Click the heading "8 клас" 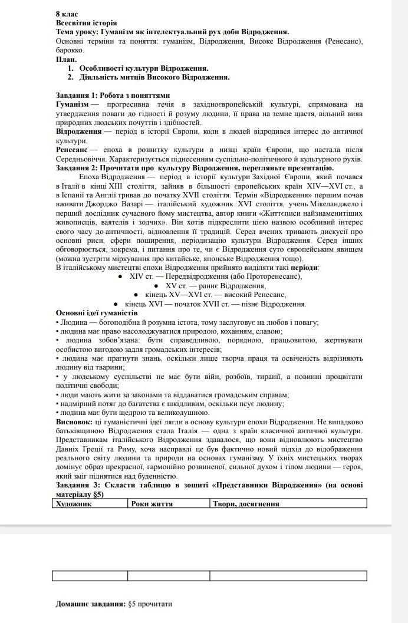tap(66, 14)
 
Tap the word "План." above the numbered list tap(66, 60)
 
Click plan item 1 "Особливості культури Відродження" tap(143, 68)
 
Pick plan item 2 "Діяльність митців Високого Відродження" tap(154, 77)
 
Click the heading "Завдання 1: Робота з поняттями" tap(113, 95)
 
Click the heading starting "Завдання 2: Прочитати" tap(195, 167)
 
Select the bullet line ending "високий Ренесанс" tap(215, 295)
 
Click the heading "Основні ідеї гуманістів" tap(97, 312)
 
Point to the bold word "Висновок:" tap(74, 422)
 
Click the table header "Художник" tap(73, 504)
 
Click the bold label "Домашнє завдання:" tap(91, 604)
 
